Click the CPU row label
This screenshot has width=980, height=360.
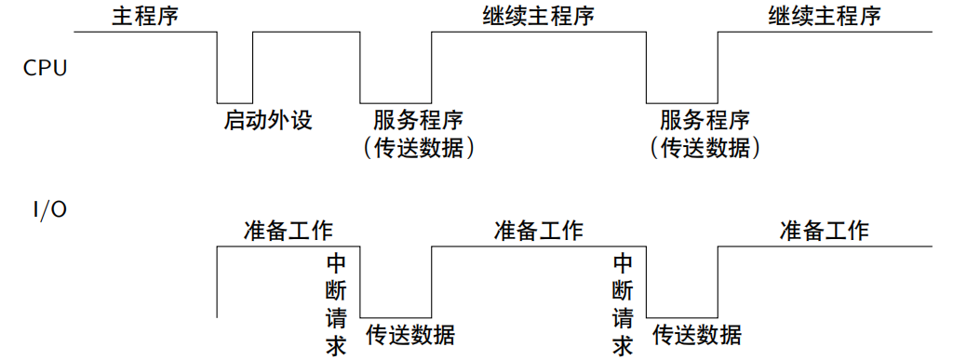pos(45,68)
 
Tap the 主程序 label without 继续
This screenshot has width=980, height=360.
pos(144,17)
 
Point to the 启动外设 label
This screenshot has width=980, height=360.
pos(268,120)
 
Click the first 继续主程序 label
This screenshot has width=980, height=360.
pos(538,17)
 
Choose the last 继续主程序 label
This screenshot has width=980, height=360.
pos(825,17)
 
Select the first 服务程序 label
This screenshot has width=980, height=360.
pos(418,121)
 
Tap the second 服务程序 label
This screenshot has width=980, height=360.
pos(705,121)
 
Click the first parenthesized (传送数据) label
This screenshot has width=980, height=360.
pos(418,147)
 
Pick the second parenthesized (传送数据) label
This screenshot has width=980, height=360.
pos(705,147)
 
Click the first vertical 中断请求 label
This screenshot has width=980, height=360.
pos(337,304)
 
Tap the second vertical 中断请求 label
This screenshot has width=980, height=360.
pos(624,304)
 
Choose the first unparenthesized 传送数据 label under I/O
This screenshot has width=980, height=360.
pos(410,335)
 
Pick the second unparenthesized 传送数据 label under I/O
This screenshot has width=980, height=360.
pos(697,335)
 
